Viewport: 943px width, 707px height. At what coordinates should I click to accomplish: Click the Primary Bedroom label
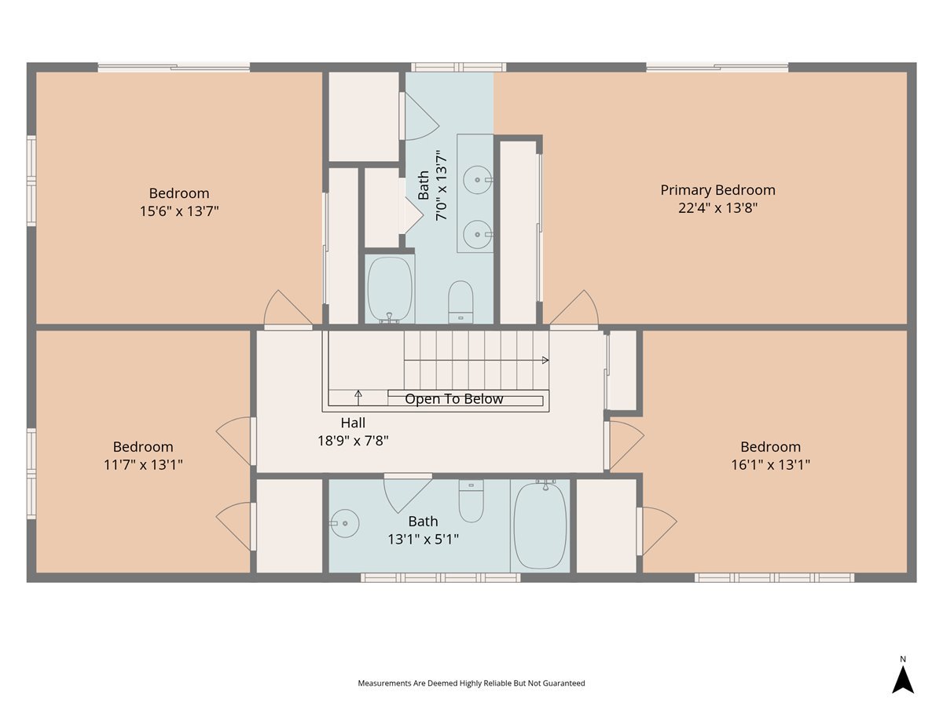[717, 190]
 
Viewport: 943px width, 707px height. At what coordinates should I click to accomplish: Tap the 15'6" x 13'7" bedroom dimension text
[179, 211]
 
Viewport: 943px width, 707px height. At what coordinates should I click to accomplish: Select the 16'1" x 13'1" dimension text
[770, 464]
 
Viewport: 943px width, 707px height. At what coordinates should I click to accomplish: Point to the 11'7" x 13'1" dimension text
[143, 464]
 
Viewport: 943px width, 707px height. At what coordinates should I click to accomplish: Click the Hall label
[353, 423]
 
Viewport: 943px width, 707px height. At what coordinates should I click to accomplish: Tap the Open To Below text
[453, 399]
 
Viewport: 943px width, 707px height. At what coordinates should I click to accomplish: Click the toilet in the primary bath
[460, 302]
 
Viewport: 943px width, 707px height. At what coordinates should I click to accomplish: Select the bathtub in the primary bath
[390, 289]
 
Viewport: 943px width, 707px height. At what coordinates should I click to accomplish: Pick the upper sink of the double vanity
[478, 180]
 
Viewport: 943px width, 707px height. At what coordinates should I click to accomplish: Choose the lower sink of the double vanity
[478, 234]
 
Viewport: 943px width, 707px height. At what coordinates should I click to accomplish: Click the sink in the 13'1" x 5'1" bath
[344, 523]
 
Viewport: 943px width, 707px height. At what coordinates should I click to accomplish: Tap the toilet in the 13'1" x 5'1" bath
[472, 501]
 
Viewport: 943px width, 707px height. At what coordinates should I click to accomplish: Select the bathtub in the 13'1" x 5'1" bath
[540, 525]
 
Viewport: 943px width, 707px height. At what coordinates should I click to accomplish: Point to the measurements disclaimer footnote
[472, 683]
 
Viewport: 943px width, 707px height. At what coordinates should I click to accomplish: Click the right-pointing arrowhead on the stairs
[545, 360]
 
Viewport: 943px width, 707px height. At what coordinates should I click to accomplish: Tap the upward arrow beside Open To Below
[358, 397]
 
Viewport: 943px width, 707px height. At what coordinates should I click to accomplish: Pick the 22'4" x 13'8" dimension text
[717, 208]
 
